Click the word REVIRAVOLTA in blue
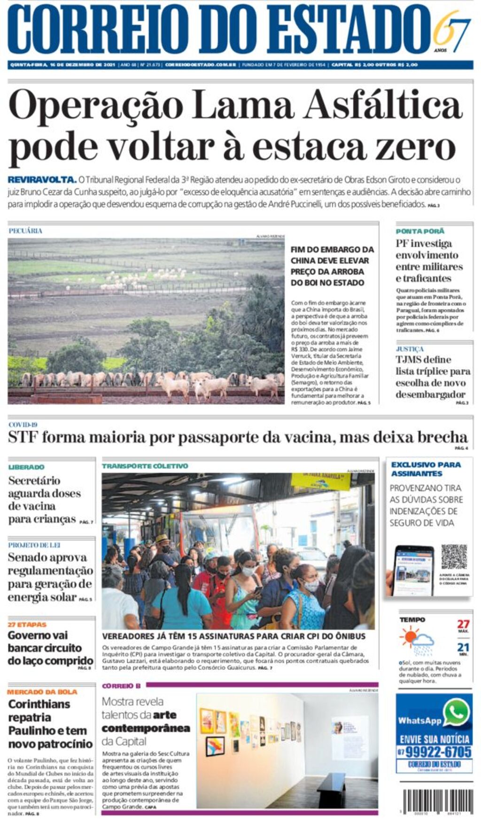pyautogui.click(x=42, y=179)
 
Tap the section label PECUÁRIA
pyautogui.click(x=25, y=231)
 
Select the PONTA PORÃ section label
pyautogui.click(x=419, y=231)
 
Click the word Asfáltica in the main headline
pyautogui.click(x=383, y=105)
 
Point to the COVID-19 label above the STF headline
pyautogui.click(x=23, y=425)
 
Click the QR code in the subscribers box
pyautogui.click(x=454, y=557)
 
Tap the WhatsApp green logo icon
pyautogui.click(x=456, y=712)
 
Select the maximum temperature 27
pyautogui.click(x=463, y=624)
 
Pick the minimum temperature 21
pyautogui.click(x=463, y=647)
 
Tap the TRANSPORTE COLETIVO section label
pyautogui.click(x=145, y=466)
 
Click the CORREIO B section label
pyautogui.click(x=121, y=686)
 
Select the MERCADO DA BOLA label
pyautogui.click(x=42, y=692)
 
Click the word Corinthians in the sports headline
pyautogui.click(x=39, y=704)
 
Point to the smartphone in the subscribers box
pyautogui.click(x=412, y=570)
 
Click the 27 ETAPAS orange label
pyautogui.click(x=27, y=624)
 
